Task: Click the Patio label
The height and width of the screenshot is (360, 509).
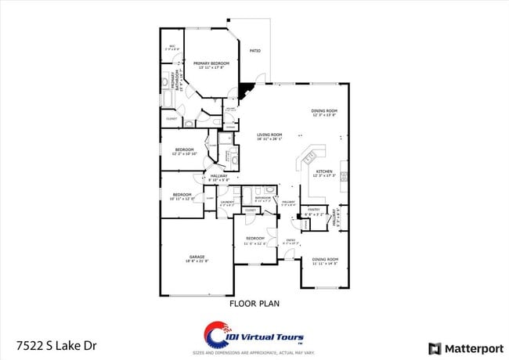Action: point(254,51)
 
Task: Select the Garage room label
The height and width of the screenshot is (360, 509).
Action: point(196,257)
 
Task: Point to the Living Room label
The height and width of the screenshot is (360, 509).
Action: point(269,135)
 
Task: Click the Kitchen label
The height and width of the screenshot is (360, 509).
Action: point(324,171)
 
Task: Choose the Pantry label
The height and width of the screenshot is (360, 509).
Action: point(313,209)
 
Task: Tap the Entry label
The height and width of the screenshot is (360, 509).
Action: point(291,239)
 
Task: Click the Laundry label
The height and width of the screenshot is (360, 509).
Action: point(227,202)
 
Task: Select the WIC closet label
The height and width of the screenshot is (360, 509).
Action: point(173,46)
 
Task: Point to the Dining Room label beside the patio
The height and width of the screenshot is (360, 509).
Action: point(324,111)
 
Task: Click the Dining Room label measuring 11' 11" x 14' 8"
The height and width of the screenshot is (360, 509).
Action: point(325,259)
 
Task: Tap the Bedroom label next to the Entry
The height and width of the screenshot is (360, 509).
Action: point(255,238)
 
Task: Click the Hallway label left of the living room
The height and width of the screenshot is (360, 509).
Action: point(218,176)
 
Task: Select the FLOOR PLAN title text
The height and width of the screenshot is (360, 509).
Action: point(254,303)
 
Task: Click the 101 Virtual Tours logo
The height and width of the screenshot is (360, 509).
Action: point(254,332)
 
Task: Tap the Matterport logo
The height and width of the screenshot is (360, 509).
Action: point(461,347)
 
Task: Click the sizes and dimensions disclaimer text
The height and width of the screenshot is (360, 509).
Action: point(254,354)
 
